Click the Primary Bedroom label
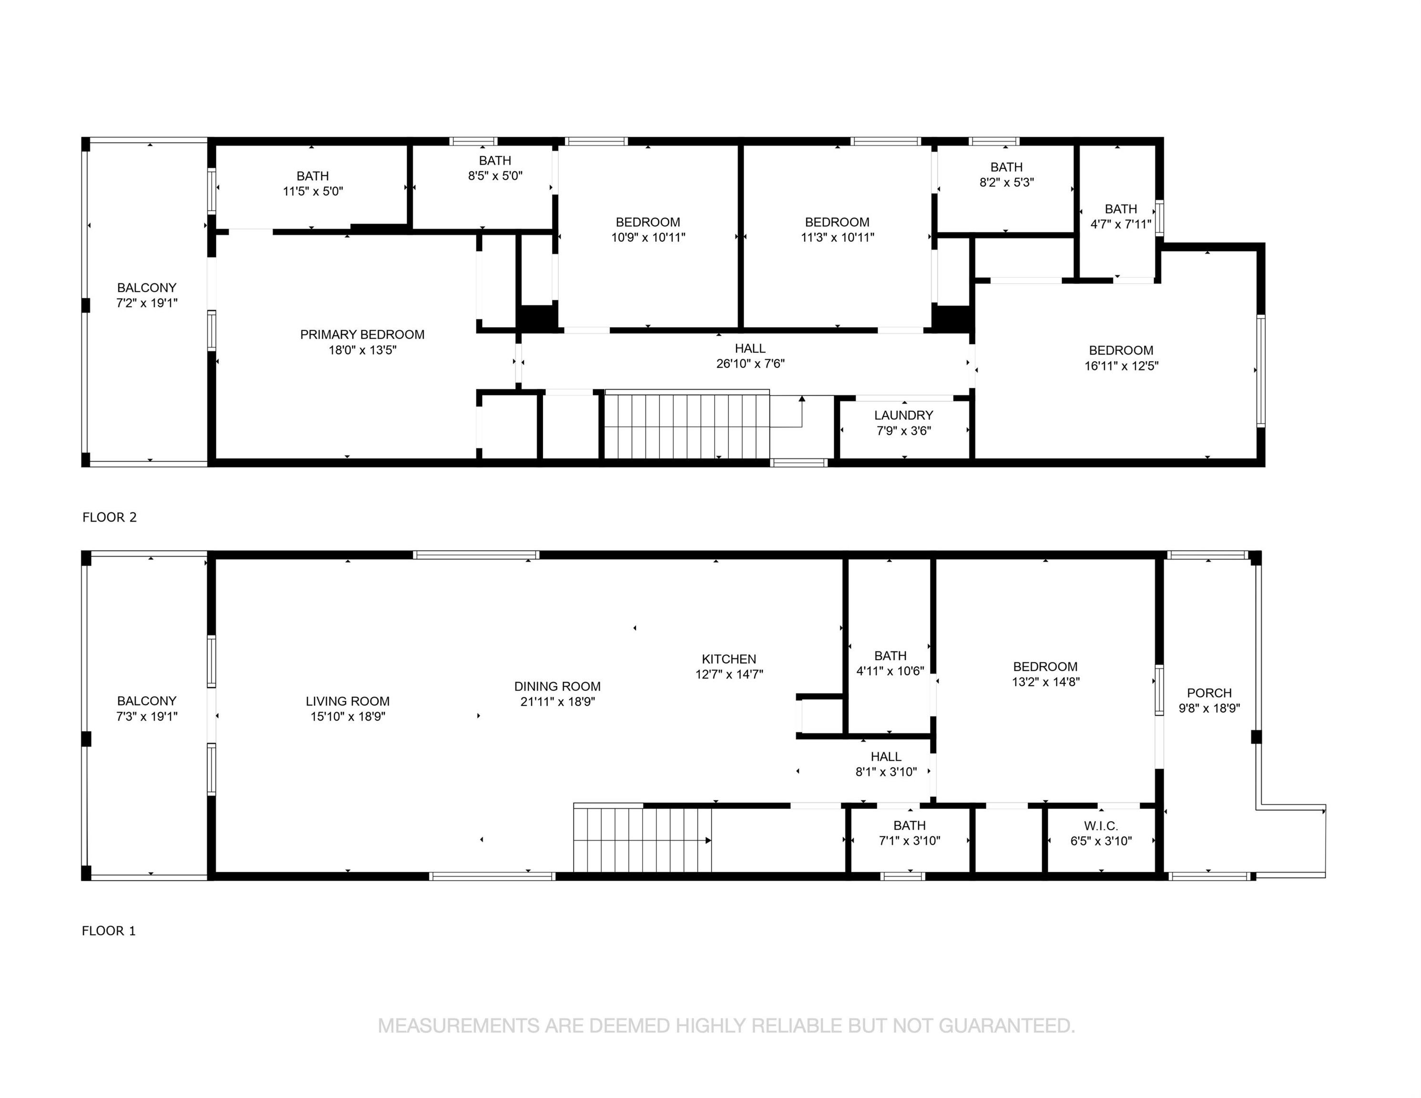click(362, 335)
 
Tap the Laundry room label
click(904, 415)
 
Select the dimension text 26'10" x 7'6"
click(750, 364)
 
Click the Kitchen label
click(729, 659)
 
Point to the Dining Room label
click(558, 686)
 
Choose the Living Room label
click(348, 701)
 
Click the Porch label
click(1209, 693)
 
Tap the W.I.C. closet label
click(1101, 826)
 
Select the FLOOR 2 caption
click(109, 517)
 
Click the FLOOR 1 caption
click(109, 931)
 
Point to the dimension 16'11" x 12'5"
click(1121, 366)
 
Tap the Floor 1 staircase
click(642, 838)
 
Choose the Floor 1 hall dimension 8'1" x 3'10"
click(886, 772)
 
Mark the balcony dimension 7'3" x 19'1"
click(147, 716)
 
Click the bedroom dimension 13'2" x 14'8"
click(1045, 681)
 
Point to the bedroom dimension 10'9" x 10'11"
click(648, 237)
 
